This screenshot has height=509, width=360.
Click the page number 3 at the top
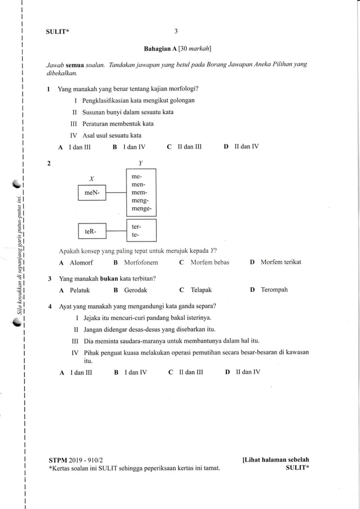click(176, 31)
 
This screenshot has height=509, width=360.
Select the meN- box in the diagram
click(91, 193)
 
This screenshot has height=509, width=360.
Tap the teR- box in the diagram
click(91, 231)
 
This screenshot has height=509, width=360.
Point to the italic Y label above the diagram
click(140, 164)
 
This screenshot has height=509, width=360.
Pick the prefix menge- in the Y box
click(141, 209)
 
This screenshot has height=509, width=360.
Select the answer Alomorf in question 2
click(81, 262)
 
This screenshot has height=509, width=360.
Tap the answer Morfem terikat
click(281, 262)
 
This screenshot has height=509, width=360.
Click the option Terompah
click(274, 290)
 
